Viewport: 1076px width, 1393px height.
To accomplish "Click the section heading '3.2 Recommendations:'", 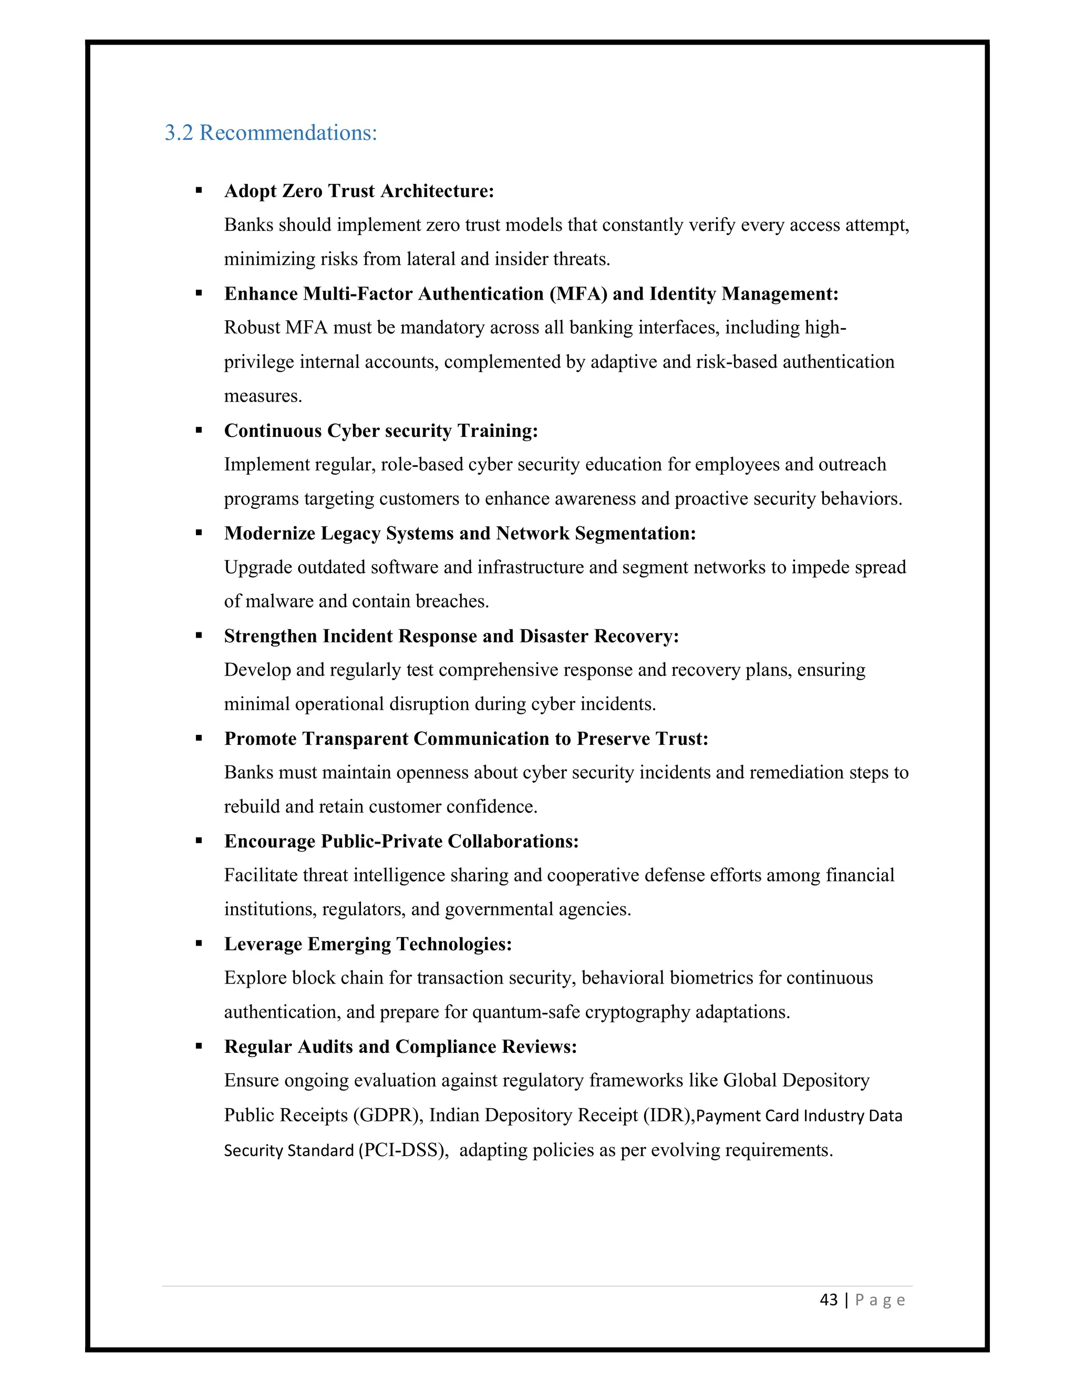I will point(271,132).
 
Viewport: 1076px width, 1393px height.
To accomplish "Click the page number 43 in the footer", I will point(828,1299).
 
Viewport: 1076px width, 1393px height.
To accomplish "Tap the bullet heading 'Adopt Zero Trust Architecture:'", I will point(359,191).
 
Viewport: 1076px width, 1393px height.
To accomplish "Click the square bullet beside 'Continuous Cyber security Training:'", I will point(199,431).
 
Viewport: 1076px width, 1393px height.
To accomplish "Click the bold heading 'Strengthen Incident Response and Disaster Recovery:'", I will point(451,636).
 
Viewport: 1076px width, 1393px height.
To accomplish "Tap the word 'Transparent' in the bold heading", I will point(355,739).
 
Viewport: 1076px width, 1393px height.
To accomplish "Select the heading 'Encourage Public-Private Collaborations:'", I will point(401,841).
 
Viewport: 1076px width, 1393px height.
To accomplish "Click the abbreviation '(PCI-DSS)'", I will point(403,1150).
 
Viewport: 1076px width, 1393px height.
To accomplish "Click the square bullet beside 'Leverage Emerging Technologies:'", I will point(199,944).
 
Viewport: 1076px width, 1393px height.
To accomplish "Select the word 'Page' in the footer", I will point(880,1300).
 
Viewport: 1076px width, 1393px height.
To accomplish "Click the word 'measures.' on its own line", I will point(263,396).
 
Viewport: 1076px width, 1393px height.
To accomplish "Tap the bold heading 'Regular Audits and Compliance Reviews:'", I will point(400,1047).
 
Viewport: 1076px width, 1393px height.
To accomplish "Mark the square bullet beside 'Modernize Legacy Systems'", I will point(199,533).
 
